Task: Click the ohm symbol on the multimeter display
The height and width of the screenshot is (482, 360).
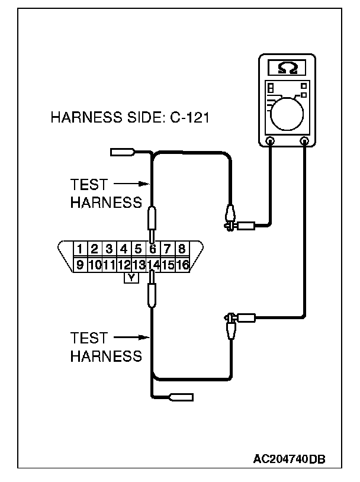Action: click(288, 66)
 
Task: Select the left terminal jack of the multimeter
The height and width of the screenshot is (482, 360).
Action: click(270, 141)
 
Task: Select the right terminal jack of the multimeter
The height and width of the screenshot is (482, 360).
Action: click(306, 141)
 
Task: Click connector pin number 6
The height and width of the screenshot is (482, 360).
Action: click(153, 249)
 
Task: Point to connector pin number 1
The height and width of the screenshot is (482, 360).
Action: click(81, 249)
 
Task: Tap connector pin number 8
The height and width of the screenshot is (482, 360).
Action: click(182, 249)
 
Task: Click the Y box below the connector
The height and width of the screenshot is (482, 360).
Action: click(131, 277)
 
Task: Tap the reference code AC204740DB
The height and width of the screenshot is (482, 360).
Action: click(290, 459)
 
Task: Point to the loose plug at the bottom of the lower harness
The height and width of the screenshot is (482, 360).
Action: click(181, 397)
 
